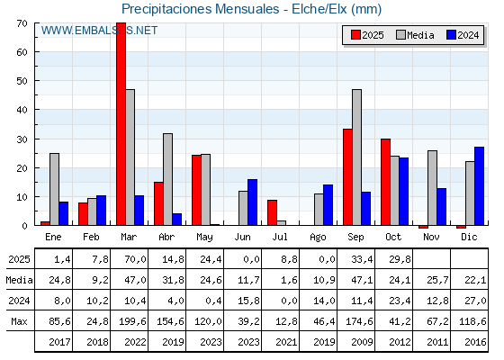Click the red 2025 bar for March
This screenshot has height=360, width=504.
(x=121, y=124)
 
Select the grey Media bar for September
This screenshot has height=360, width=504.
(x=356, y=157)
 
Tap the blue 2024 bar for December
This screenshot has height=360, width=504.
(x=479, y=185)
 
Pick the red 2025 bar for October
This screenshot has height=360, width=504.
(x=385, y=182)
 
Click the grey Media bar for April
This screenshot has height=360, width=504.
(x=167, y=179)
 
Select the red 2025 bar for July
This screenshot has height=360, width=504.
(x=272, y=212)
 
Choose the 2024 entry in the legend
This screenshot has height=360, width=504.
(x=462, y=35)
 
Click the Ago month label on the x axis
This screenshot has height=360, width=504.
(x=319, y=236)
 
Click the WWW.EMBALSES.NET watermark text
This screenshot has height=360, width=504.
(x=99, y=31)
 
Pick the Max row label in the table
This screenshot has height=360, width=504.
(x=18, y=320)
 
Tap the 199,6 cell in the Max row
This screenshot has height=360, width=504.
(x=130, y=320)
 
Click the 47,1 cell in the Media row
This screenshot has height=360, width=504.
(x=356, y=280)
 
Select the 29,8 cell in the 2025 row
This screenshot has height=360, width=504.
(x=394, y=259)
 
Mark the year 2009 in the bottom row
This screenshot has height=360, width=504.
(x=356, y=341)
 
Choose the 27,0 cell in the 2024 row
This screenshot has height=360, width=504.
(x=470, y=301)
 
